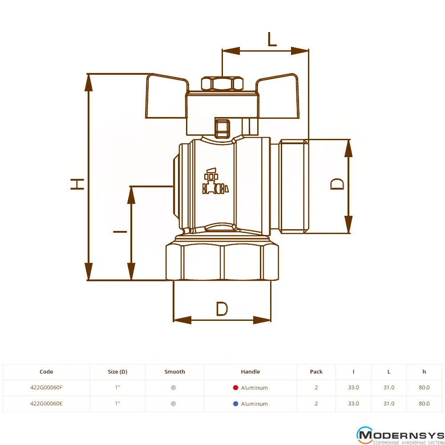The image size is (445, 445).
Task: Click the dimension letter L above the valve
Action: (272, 39)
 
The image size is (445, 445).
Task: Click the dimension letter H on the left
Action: (77, 184)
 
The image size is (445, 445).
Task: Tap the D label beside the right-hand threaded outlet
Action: (337, 184)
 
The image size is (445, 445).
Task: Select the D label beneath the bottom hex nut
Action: (222, 309)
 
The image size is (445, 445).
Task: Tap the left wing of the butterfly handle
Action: (166, 96)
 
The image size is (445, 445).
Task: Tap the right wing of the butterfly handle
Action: (277, 96)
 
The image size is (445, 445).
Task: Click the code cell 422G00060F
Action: (46, 388)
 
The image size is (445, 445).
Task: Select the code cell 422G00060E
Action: (46, 403)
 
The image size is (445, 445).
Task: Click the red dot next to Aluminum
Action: (235, 388)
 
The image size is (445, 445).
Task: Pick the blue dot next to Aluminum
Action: (235, 403)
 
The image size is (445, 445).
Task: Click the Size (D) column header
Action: (117, 372)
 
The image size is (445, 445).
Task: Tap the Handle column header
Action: (250, 372)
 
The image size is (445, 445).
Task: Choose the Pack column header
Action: (316, 372)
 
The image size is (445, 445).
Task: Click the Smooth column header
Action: (174, 372)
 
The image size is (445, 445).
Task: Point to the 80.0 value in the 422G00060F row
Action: (424, 388)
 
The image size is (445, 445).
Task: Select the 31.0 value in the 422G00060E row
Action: (389, 403)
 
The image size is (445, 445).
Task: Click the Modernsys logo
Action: (400, 435)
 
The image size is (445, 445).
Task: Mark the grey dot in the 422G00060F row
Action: (174, 388)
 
